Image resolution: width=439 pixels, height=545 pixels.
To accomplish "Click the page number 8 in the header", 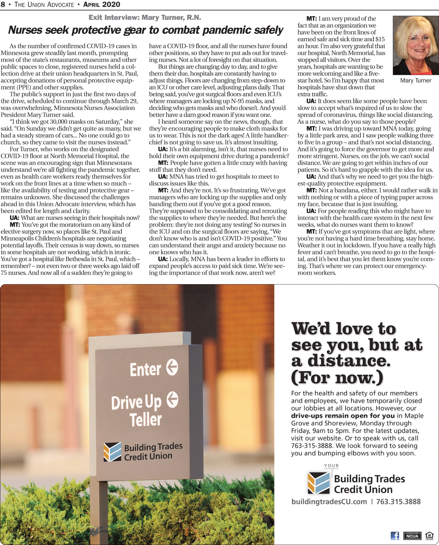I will [x=3, y=4].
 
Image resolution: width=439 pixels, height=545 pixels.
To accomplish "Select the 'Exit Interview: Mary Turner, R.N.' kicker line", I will [x=145, y=17].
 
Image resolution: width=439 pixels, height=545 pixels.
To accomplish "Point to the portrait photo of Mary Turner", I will [x=415, y=45].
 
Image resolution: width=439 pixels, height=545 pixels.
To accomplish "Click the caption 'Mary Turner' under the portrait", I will [x=415, y=80].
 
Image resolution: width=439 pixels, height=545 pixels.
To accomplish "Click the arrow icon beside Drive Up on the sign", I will [x=173, y=400].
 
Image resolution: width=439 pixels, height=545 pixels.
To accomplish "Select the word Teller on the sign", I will [x=146, y=420].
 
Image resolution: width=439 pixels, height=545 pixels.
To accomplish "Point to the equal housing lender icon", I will [x=430, y=536].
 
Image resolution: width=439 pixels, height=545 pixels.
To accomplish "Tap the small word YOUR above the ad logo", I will [x=331, y=466].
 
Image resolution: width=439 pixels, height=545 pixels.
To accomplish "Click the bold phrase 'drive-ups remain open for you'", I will [x=343, y=416].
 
